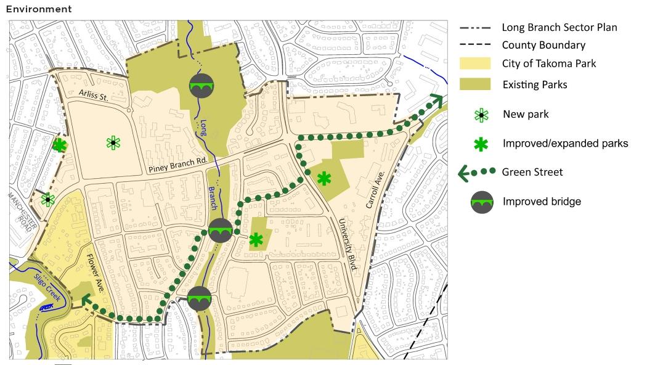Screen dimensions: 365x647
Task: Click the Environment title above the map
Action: [x=39, y=9]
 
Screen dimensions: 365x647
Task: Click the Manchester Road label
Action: [x=23, y=213]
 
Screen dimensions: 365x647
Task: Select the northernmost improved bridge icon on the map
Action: [x=201, y=85]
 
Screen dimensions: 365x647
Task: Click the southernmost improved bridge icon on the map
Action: [x=200, y=298]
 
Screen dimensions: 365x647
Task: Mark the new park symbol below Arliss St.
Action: [x=113, y=143]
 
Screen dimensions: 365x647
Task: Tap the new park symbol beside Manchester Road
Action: [x=47, y=200]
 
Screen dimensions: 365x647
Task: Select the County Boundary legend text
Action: [x=543, y=45]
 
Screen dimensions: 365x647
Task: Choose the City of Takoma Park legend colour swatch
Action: [x=474, y=64]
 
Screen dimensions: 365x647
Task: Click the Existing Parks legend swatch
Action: [x=474, y=84]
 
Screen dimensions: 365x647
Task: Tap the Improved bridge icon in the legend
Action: [x=482, y=202]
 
